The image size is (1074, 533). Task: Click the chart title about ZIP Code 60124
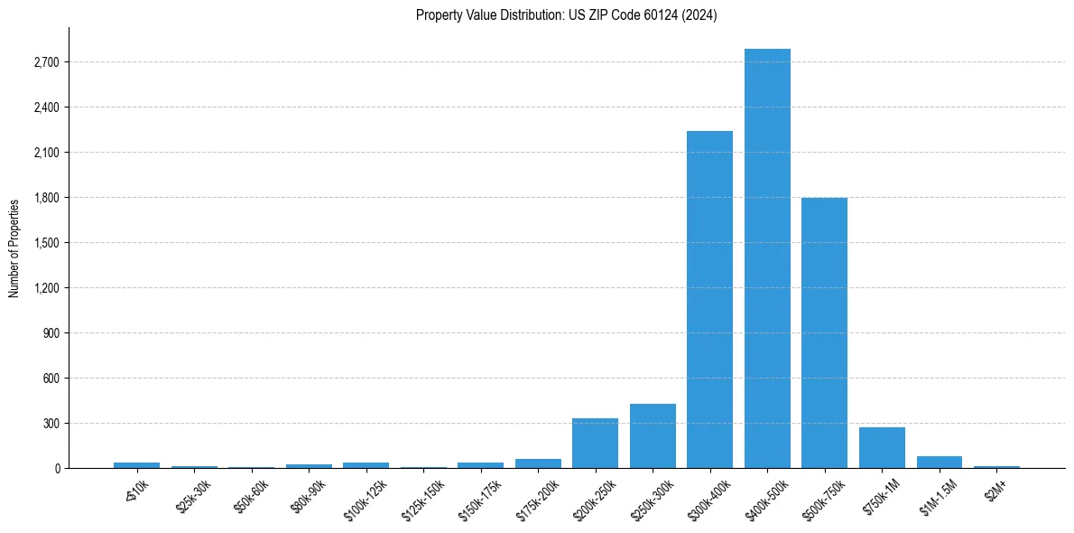pyautogui.click(x=566, y=15)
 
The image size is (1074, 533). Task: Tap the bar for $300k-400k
pyautogui.click(x=709, y=299)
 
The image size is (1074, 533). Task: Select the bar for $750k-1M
pyautogui.click(x=882, y=447)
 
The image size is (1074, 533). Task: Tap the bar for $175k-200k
pyautogui.click(x=538, y=463)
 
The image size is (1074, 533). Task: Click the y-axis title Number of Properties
pyautogui.click(x=14, y=248)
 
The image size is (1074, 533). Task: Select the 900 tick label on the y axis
pyautogui.click(x=51, y=333)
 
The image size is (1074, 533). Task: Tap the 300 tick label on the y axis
pyautogui.click(x=51, y=424)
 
